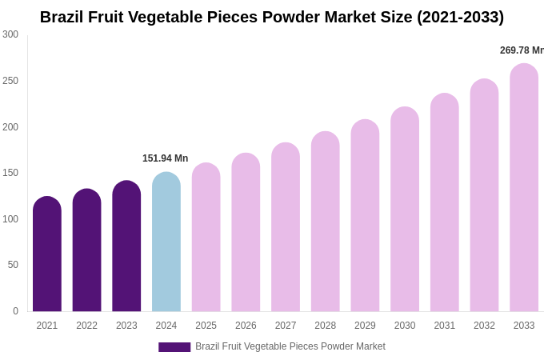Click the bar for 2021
(47, 254)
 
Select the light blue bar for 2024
(166, 242)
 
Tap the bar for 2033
(524, 188)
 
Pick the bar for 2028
(326, 222)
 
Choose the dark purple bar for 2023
(126, 246)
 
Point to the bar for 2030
(405, 210)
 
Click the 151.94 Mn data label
(166, 158)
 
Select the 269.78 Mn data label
(522, 50)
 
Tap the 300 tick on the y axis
(10, 34)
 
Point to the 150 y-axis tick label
(10, 173)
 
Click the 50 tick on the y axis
(13, 265)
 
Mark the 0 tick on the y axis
(15, 311)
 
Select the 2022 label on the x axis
(87, 326)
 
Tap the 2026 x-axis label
(246, 326)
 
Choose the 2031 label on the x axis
(445, 326)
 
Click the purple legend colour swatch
(174, 347)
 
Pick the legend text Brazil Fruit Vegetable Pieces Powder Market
(290, 346)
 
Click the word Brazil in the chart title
(62, 17)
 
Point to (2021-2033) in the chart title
(460, 17)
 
